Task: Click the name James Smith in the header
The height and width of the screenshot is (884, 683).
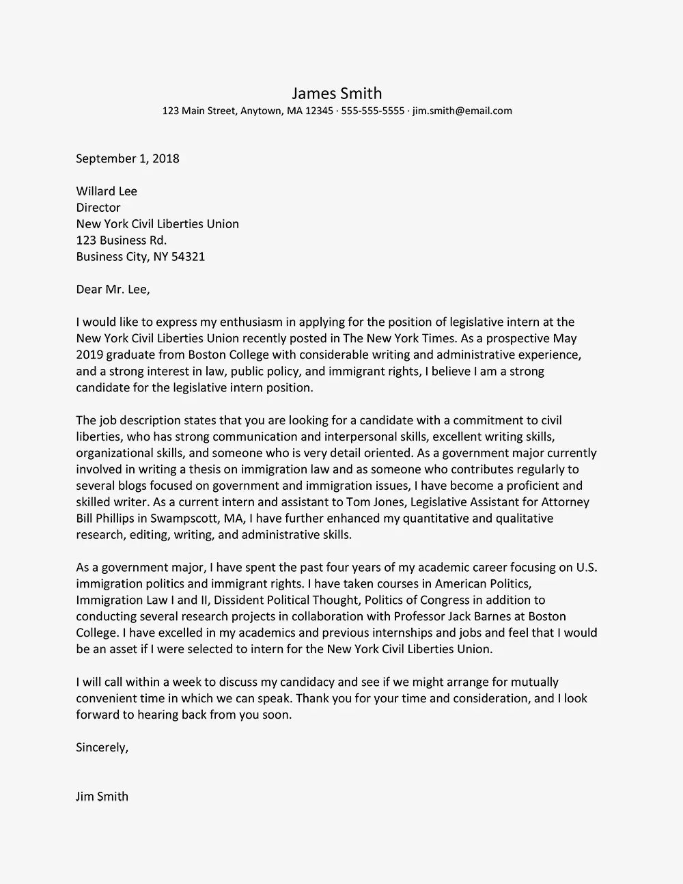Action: click(337, 94)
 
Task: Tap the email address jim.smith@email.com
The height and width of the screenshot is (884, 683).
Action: click(462, 111)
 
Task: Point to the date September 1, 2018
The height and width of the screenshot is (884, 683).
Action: click(127, 158)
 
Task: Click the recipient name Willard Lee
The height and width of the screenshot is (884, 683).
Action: click(106, 191)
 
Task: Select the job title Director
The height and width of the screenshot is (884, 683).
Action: click(98, 208)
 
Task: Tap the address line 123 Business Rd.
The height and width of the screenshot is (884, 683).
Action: click(121, 240)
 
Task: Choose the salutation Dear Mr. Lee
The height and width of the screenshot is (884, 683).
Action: click(113, 290)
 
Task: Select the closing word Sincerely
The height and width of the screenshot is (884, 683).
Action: click(102, 747)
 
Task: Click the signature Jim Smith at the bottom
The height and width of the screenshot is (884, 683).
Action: click(102, 797)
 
